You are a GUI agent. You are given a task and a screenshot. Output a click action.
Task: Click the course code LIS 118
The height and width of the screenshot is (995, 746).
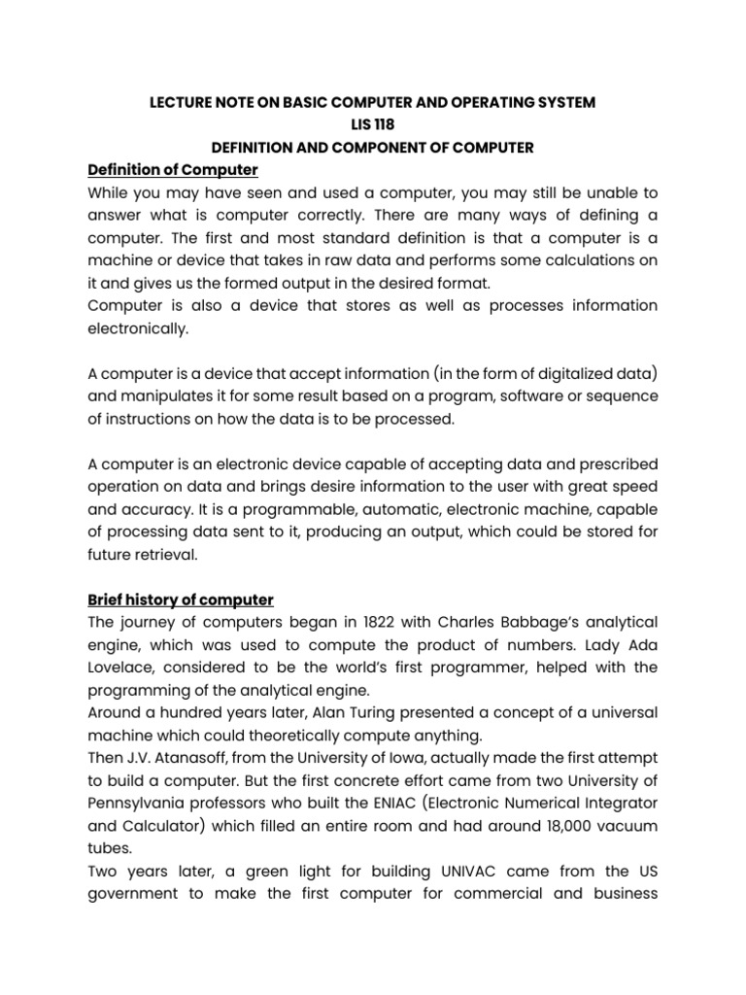[373, 124]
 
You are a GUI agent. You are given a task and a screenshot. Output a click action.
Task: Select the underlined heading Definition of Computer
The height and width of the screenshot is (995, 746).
[172, 170]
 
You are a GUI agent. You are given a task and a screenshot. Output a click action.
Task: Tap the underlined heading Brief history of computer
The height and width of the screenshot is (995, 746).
[181, 600]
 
